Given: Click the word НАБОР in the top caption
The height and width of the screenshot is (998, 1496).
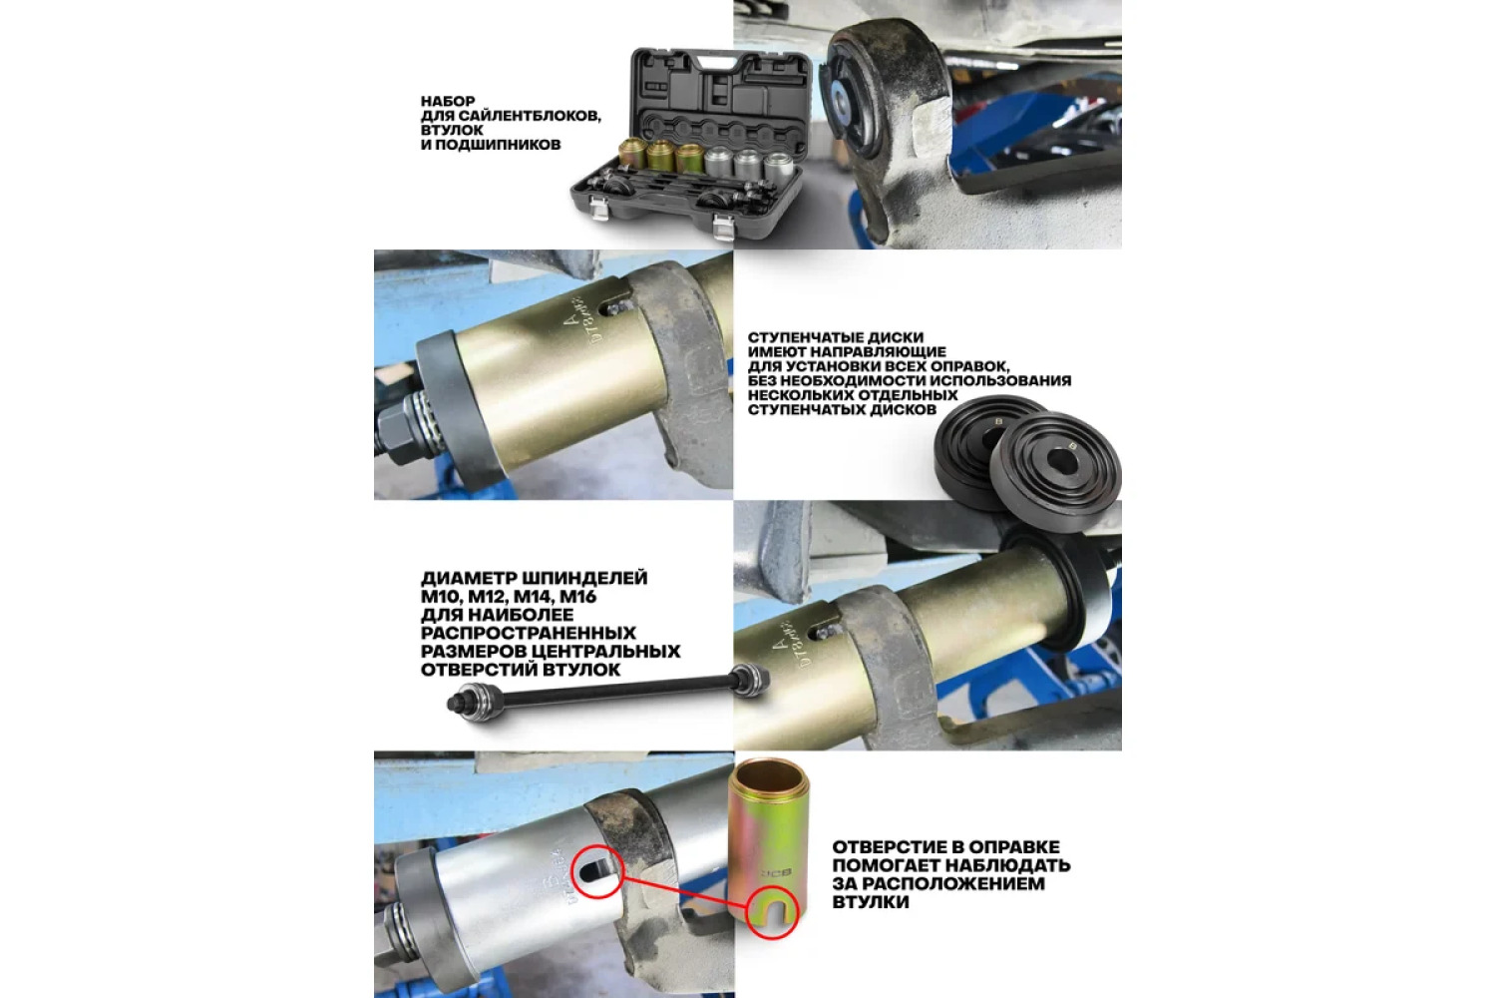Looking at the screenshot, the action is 448,101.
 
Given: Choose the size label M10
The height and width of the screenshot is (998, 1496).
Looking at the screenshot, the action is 438,596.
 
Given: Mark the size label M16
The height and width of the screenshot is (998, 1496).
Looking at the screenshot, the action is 577,596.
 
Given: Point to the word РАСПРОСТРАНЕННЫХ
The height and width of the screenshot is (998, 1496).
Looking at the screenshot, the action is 529,633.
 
